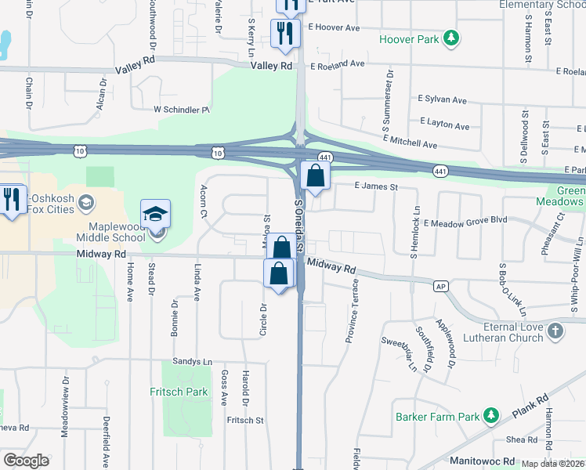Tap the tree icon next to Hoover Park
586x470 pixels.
450,38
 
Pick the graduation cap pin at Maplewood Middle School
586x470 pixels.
155,215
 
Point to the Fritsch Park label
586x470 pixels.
177,392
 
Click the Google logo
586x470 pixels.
26,460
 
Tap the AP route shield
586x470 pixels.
441,286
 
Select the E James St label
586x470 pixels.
376,187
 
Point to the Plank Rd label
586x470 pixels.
529,408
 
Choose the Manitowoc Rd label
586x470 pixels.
482,461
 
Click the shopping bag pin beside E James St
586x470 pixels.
314,177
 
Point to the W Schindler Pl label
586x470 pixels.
182,110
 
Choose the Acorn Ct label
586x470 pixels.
203,202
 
